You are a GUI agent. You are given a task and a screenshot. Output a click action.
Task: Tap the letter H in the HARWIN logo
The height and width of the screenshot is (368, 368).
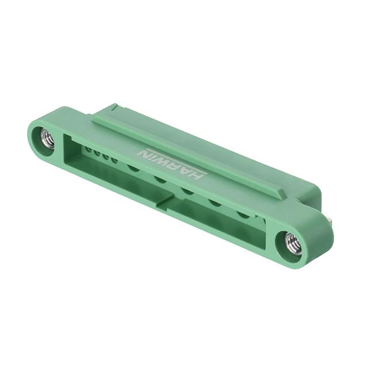195,176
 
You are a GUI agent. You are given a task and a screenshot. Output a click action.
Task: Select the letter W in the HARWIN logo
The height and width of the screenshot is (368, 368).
165,163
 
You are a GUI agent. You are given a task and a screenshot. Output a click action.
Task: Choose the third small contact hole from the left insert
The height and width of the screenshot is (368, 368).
106,157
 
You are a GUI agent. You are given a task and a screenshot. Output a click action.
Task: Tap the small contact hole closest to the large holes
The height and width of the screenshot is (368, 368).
114,161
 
